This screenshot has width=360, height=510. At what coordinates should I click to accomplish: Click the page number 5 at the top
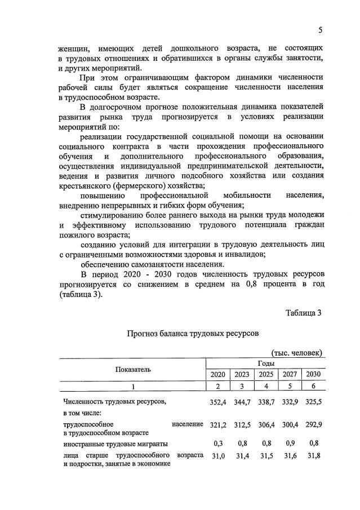tap(320, 30)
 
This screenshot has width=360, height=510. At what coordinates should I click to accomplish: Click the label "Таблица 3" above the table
tap(303, 313)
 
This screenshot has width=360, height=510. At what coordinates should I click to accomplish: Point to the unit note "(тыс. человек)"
tap(297, 353)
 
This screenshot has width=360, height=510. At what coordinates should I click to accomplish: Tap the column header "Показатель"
tap(134, 369)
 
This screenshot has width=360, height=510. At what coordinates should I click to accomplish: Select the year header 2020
tap(217, 375)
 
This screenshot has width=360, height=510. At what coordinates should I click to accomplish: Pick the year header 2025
tap(266, 375)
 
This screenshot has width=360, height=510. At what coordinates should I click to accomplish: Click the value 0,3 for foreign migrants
tap(217, 444)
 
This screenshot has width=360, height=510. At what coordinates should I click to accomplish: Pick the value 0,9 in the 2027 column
tap(290, 444)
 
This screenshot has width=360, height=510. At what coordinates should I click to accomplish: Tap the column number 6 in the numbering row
tap(312, 387)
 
